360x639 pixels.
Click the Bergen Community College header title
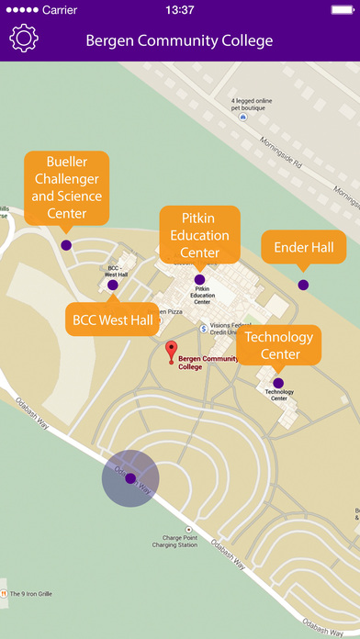pyautogui.click(x=179, y=40)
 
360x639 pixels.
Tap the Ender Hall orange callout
pyautogui.click(x=303, y=247)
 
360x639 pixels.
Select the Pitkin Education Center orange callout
pyautogui.click(x=199, y=234)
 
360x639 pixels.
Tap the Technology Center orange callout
pyautogui.click(x=279, y=345)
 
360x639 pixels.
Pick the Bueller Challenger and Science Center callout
pyautogui.click(x=66, y=187)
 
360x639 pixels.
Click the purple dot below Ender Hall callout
pyautogui.click(x=303, y=286)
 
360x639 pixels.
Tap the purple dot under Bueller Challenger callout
pyautogui.click(x=66, y=245)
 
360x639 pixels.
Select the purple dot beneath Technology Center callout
pyautogui.click(x=278, y=383)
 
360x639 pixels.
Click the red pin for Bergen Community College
pyautogui.click(x=171, y=350)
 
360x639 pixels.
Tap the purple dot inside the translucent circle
pyautogui.click(x=130, y=478)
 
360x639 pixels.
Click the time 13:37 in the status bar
pyautogui.click(x=180, y=9)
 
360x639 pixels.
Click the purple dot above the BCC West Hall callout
pyautogui.click(x=113, y=286)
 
